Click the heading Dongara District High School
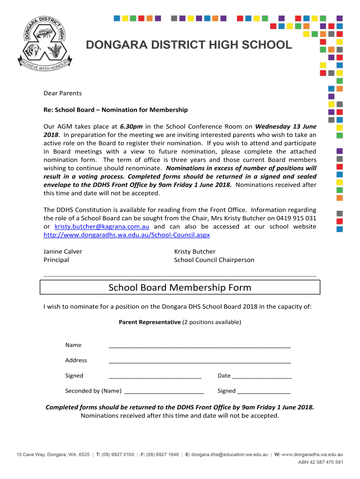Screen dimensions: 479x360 coord(188,45)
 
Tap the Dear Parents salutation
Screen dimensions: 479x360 coord(63,93)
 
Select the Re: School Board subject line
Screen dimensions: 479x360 coord(115,110)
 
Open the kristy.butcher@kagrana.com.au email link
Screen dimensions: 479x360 coord(102,226)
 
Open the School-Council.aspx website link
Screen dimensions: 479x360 coord(127,235)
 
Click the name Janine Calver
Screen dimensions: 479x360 coord(63,252)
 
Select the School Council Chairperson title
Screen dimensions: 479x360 coord(214,260)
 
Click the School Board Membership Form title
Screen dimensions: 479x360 coord(180,287)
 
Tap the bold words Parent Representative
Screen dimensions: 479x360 coord(150,322)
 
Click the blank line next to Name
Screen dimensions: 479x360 coord(200,347)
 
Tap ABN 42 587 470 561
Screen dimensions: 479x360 coord(321,463)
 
